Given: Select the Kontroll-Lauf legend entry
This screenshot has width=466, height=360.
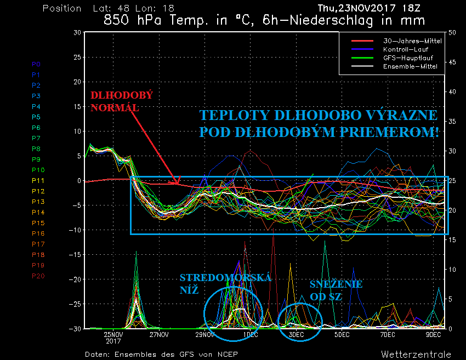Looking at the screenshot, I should pyautogui.click(x=404, y=49).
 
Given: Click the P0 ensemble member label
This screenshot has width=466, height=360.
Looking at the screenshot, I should pyautogui.click(x=36, y=64).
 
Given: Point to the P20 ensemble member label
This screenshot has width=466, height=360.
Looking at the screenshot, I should pyautogui.click(x=38, y=276).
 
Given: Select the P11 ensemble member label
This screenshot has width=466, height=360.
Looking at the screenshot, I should pyautogui.click(x=38, y=180).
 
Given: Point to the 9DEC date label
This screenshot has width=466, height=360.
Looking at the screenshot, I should pyautogui.click(x=433, y=334).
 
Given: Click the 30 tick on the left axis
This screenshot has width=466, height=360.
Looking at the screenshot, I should pyautogui.click(x=77, y=32).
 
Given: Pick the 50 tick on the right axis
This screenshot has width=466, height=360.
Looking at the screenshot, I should pyautogui.click(x=452, y=32).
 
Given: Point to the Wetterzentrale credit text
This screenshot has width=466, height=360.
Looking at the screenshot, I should pyautogui.click(x=416, y=354).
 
